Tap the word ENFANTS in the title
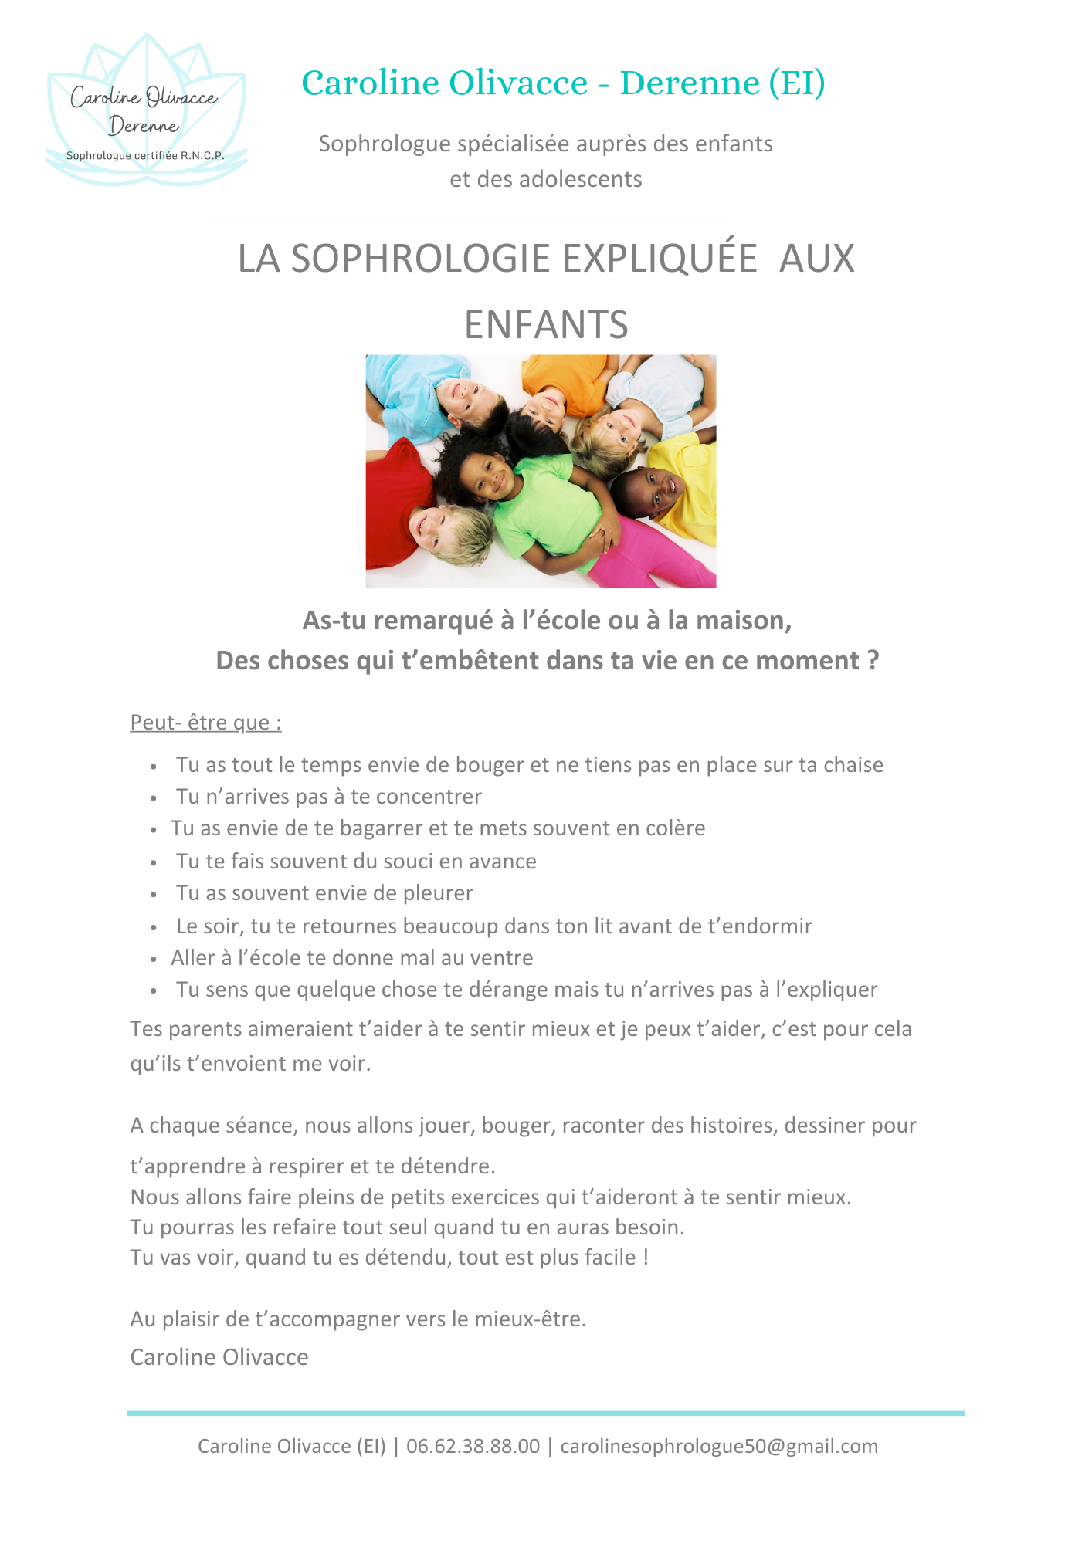pyautogui.click(x=546, y=325)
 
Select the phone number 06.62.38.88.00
pyautogui.click(x=473, y=1446)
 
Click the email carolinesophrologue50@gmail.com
pyautogui.click(x=719, y=1446)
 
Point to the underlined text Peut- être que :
pyautogui.click(x=205, y=723)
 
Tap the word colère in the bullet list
pyautogui.click(x=673, y=828)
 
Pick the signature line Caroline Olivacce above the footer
pyautogui.click(x=219, y=1357)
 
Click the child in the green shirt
pyautogui.click(x=541, y=502)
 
